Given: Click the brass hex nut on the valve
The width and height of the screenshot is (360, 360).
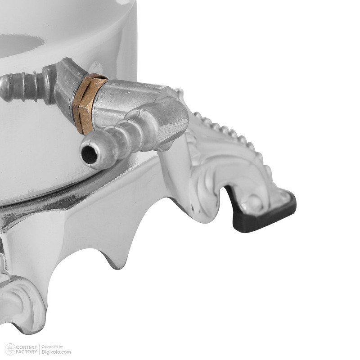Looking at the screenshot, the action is pos(89,104).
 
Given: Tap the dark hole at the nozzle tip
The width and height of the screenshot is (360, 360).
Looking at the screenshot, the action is pos(89,155).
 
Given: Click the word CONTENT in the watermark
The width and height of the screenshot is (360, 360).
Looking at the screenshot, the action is pos(27,347).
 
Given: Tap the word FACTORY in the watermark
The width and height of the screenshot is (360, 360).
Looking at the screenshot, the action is pos(27,352).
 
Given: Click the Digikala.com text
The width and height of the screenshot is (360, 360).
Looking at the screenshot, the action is pos(56,352).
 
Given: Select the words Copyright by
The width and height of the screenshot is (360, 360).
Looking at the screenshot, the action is pos(52,346).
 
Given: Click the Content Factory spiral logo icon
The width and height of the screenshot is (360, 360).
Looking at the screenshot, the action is pos(10,350).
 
